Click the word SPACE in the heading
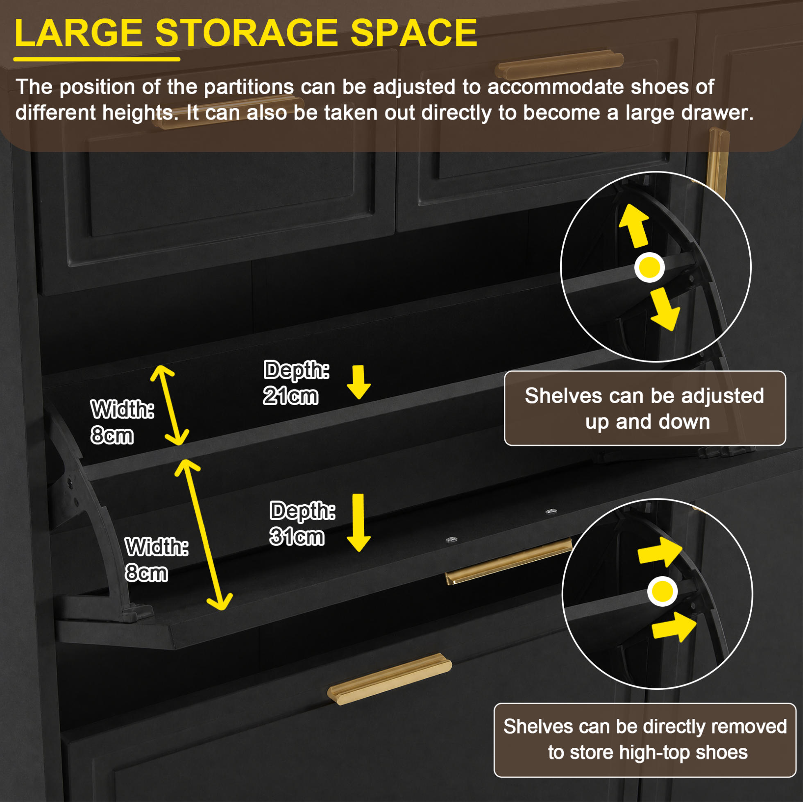tap(414, 33)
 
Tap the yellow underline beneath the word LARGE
tap(97, 59)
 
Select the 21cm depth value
tap(290, 396)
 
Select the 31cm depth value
tap(297, 537)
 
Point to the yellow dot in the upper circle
tap(650, 267)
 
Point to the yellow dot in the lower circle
tap(662, 591)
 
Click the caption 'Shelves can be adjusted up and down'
tap(644, 408)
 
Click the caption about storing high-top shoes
tap(644, 740)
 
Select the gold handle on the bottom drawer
tap(389, 680)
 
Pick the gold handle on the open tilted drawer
tap(508, 562)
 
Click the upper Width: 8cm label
tap(122, 422)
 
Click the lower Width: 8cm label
tap(157, 560)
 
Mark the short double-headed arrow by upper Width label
tap(170, 405)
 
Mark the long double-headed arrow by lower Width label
tap(204, 535)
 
